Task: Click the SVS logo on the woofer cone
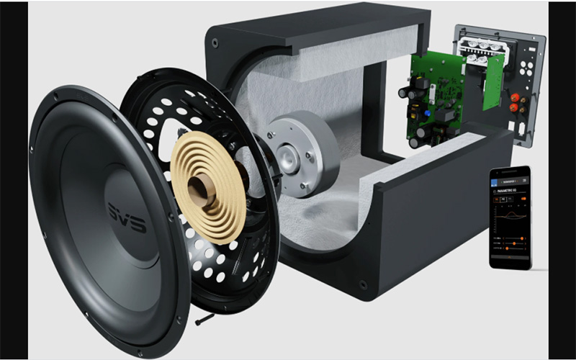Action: (127, 216)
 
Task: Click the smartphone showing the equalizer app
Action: (510, 217)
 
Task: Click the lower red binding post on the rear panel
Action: (516, 108)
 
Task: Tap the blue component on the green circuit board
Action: (430, 114)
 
